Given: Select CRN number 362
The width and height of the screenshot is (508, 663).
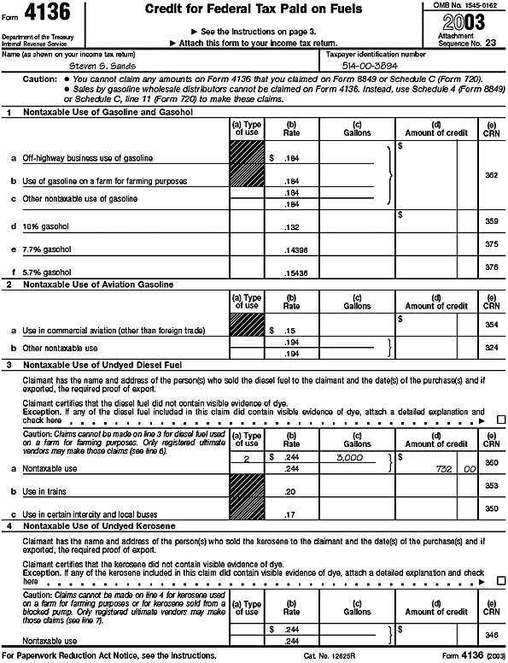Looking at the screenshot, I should click(x=491, y=174).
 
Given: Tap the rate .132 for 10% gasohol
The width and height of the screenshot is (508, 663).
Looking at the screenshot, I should click(x=291, y=226).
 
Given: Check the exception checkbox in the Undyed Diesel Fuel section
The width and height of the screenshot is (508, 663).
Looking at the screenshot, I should click(x=500, y=420).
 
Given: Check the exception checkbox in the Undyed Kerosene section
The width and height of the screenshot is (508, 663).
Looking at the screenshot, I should click(x=500, y=581).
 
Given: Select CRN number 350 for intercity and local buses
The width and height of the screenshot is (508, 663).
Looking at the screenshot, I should click(x=491, y=508).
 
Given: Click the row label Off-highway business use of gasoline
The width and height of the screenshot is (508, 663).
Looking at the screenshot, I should click(x=88, y=158).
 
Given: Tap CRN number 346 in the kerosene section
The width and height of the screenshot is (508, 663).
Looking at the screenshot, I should click(x=491, y=636).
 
